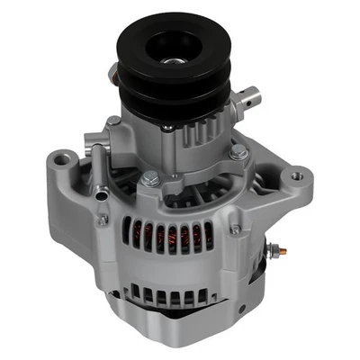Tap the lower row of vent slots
(x=171, y=292)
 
